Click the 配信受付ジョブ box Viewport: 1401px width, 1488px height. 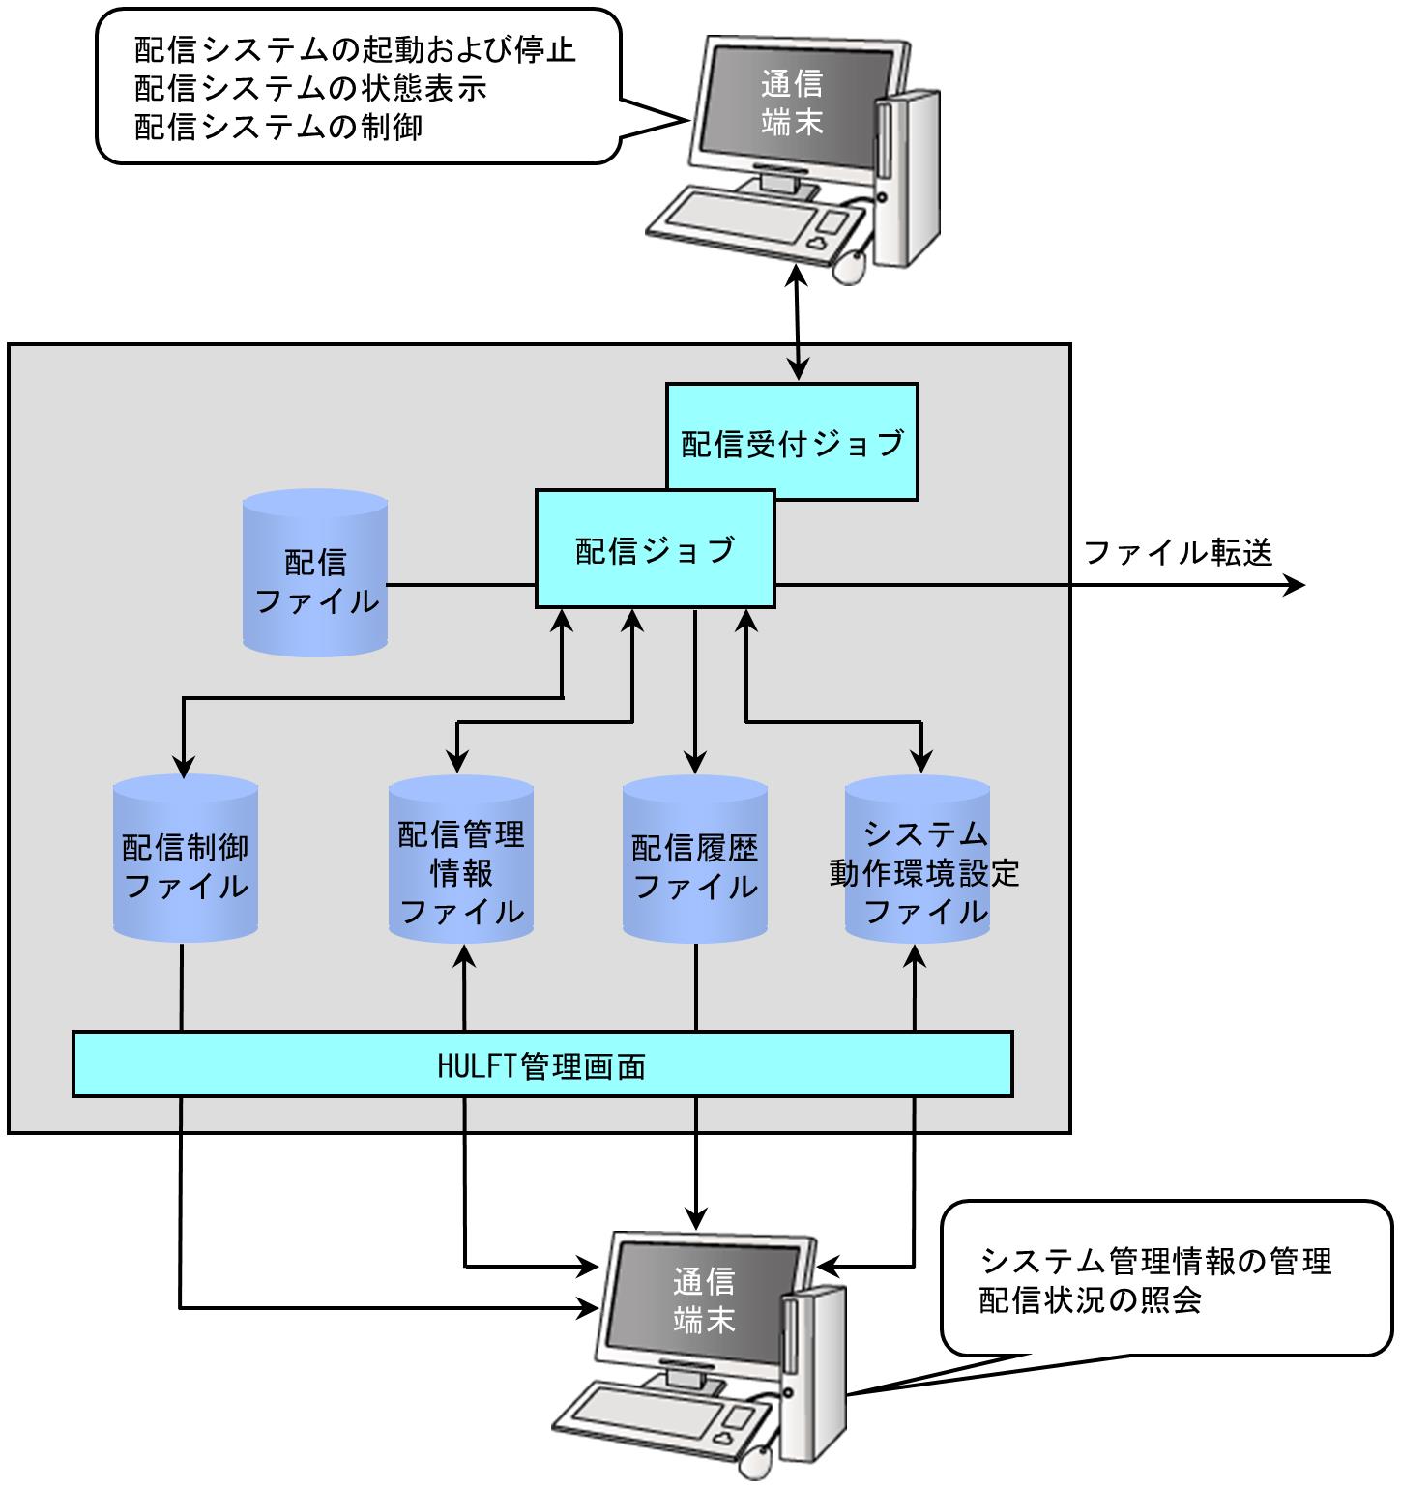click(x=792, y=442)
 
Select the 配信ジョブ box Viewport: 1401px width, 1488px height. click(x=656, y=549)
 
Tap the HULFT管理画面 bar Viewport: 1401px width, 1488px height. click(x=541, y=1065)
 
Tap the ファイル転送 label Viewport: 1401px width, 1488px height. click(x=1178, y=552)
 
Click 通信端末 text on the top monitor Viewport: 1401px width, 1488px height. click(x=791, y=102)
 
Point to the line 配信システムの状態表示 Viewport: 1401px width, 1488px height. click(x=310, y=88)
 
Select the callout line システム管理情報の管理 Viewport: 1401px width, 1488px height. click(x=1155, y=1261)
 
